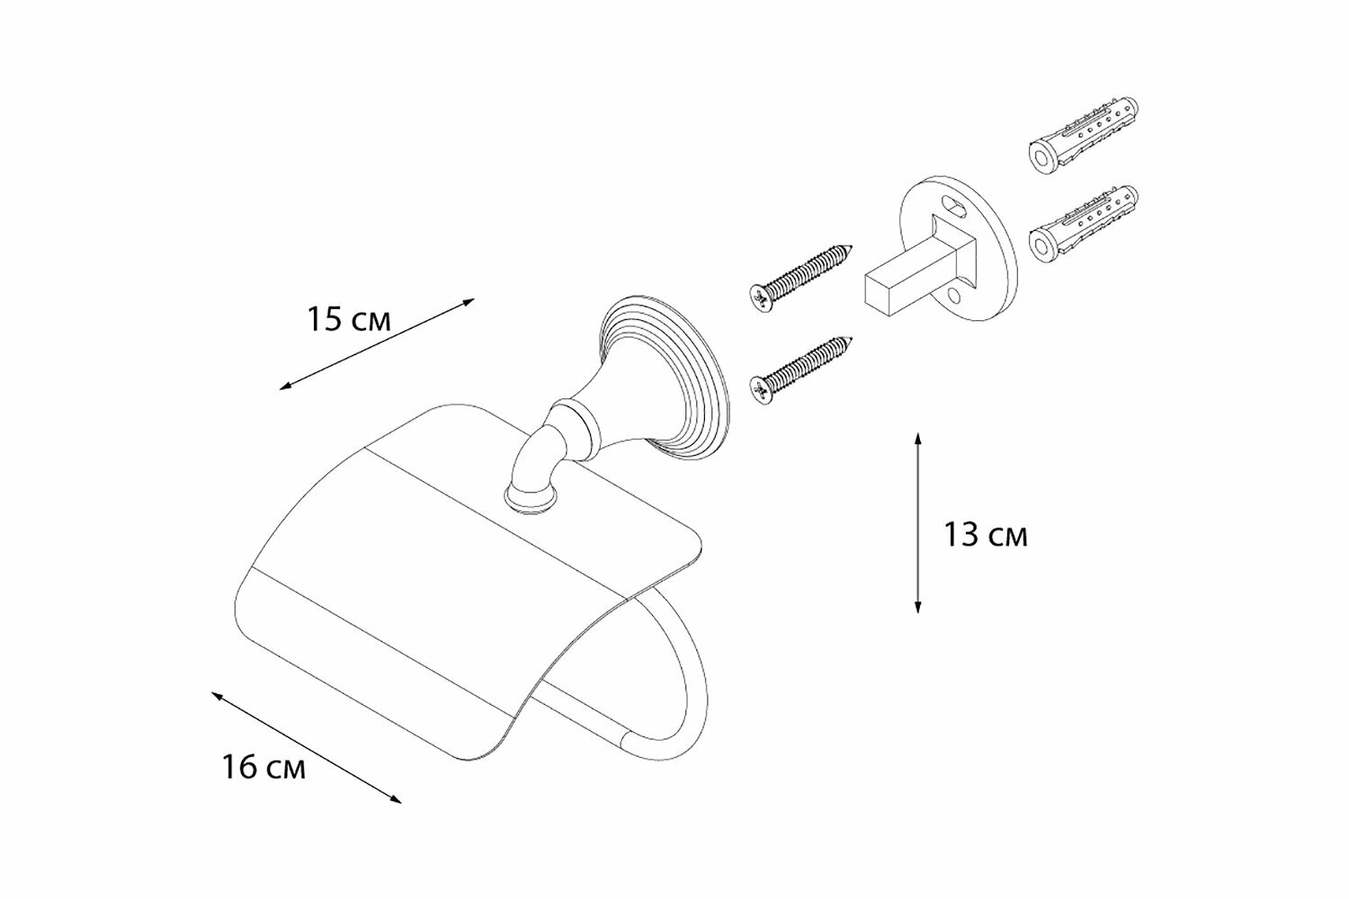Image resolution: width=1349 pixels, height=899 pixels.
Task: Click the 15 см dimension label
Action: [350, 319]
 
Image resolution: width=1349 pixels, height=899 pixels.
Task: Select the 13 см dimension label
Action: [986, 536]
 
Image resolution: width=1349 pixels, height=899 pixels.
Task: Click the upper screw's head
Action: [761, 297]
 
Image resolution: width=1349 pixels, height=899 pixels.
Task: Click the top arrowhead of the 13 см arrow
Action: [917, 437]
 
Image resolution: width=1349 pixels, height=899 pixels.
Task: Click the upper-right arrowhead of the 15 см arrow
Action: [469, 303]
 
